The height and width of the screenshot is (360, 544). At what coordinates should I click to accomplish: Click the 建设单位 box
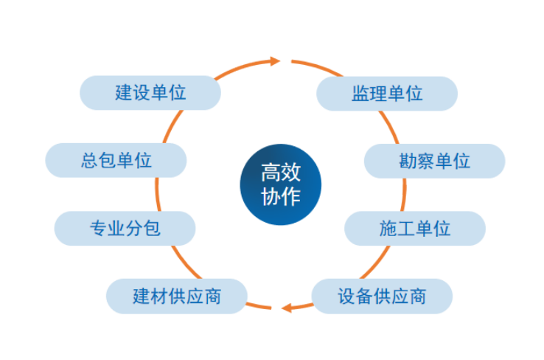tap(150, 93)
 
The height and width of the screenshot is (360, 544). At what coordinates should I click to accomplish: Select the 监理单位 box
tap(386, 94)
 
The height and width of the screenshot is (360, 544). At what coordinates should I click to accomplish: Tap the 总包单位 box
tap(116, 160)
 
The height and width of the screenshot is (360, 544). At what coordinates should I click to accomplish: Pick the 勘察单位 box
tap(434, 161)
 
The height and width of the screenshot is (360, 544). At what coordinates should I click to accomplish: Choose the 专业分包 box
tap(125, 228)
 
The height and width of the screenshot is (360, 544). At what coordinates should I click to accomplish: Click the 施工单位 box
tap(415, 228)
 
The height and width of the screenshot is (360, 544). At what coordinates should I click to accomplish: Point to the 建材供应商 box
tap(177, 296)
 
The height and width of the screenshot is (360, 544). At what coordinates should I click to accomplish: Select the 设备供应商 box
tap(382, 296)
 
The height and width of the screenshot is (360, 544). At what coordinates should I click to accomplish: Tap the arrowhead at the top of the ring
tap(276, 61)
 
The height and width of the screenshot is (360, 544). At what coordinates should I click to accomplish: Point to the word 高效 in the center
tap(280, 173)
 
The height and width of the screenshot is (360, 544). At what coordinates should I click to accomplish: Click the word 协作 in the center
tap(280, 197)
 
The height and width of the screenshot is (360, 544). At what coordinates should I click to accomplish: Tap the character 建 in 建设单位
tap(124, 93)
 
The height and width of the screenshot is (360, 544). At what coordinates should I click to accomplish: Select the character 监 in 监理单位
tap(360, 94)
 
